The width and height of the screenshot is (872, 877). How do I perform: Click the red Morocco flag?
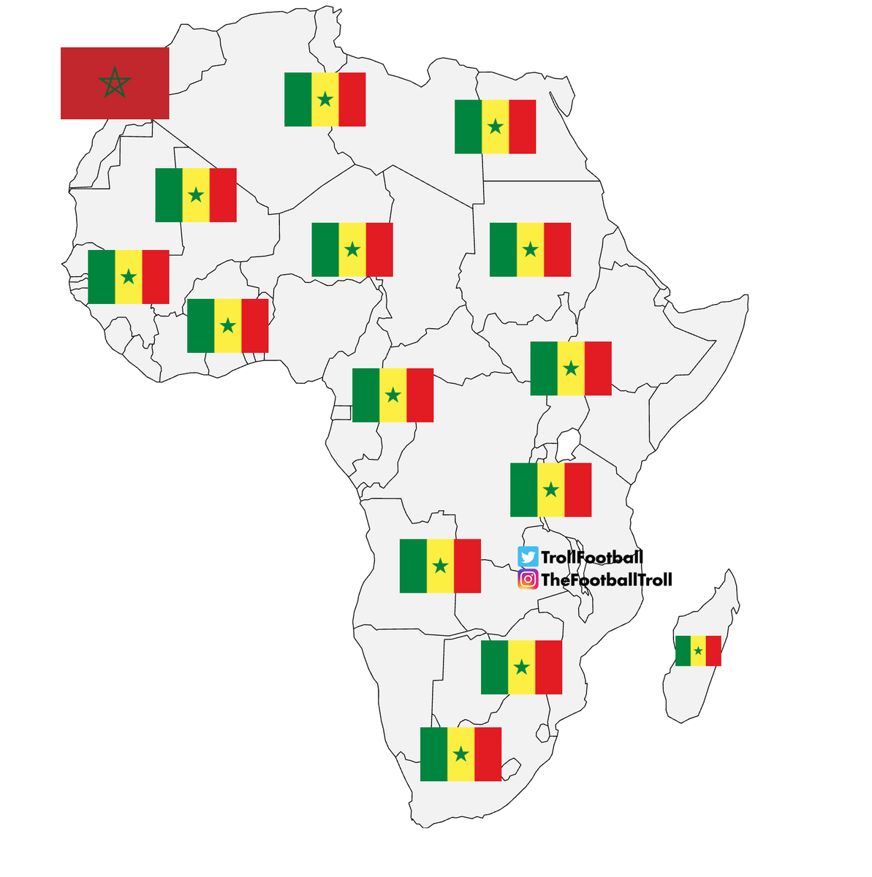tap(115, 83)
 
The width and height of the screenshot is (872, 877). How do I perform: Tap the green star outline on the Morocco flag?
tap(115, 83)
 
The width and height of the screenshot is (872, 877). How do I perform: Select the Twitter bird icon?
tap(528, 557)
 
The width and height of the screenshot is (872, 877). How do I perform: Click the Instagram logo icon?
tap(528, 580)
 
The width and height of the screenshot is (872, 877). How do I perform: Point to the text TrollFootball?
tap(592, 557)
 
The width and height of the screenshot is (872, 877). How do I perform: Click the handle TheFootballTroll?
tap(606, 580)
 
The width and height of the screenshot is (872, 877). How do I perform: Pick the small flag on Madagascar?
tap(698, 650)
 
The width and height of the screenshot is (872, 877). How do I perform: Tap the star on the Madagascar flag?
tap(698, 650)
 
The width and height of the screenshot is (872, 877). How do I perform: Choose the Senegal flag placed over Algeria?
tap(325, 99)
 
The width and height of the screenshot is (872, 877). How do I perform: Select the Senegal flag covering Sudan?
tap(530, 250)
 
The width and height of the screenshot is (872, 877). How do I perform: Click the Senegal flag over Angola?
tap(440, 566)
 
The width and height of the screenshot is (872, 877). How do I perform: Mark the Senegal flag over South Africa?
tap(460, 754)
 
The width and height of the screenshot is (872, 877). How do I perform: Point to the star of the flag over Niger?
tap(352, 250)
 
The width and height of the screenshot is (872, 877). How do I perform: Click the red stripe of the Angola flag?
tap(467, 566)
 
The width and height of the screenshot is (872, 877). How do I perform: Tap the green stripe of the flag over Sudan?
tap(503, 250)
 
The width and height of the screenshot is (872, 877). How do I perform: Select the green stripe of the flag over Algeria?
tap(297, 99)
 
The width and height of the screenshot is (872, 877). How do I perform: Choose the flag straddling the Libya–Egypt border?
tap(495, 126)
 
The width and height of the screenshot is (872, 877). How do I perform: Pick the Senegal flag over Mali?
tap(196, 195)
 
